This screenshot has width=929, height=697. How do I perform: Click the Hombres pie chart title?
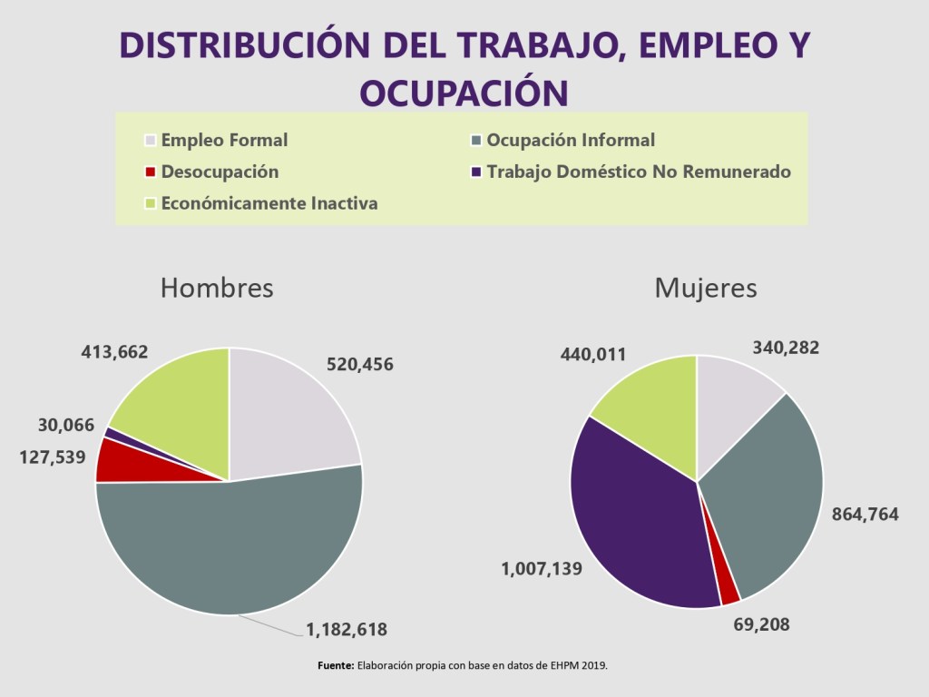(x=217, y=288)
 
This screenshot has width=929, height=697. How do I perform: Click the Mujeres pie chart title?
(x=706, y=288)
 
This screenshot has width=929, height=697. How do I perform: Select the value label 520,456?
(x=360, y=364)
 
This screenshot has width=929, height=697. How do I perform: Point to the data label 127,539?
(x=53, y=455)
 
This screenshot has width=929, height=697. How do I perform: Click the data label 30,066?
(x=66, y=425)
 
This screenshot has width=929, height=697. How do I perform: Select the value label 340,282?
(x=787, y=347)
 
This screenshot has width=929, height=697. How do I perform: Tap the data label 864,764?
(x=865, y=515)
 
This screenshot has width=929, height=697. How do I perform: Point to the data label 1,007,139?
(x=542, y=569)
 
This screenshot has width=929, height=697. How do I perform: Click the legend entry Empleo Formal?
(x=223, y=141)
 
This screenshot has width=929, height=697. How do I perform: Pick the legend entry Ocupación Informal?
(x=570, y=141)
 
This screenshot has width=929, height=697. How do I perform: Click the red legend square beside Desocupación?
(x=151, y=172)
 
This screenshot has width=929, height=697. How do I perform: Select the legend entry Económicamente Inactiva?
(x=269, y=203)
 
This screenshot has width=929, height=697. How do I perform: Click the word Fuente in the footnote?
(x=336, y=665)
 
